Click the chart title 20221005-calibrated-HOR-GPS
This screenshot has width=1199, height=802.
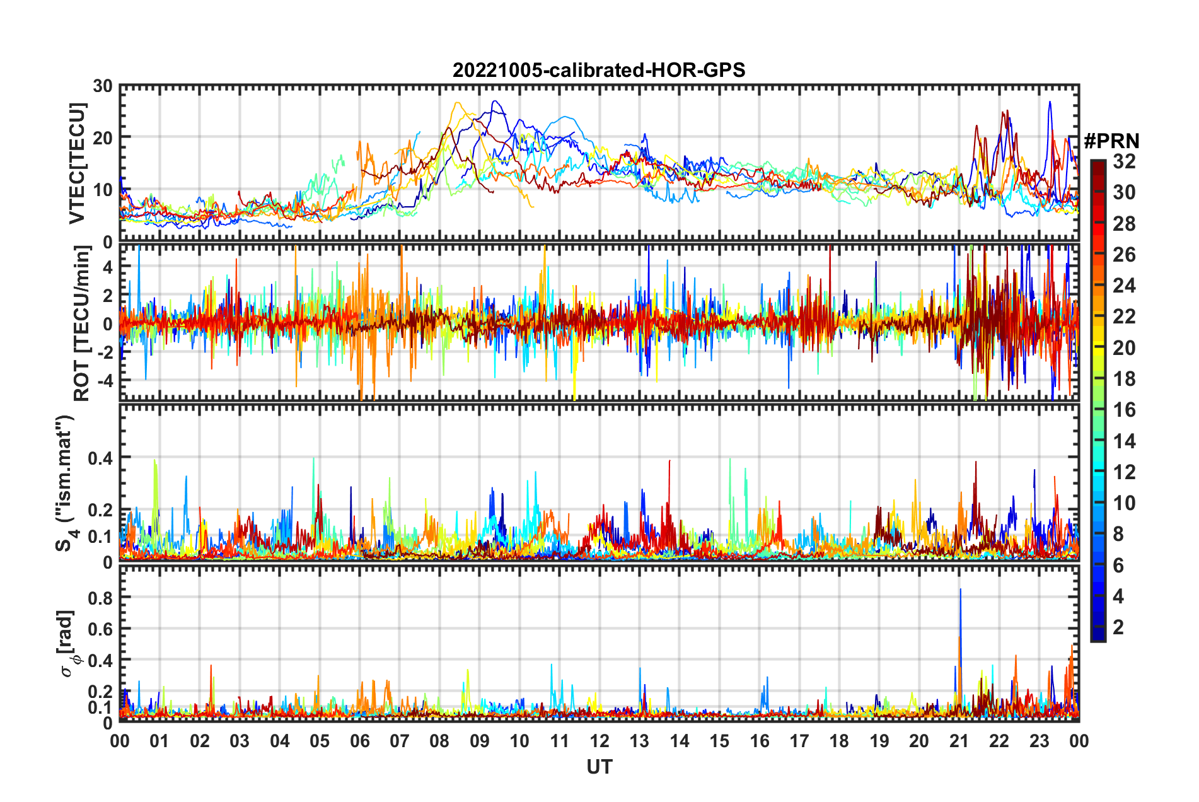[599, 70]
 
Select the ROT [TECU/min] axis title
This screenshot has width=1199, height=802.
[81, 323]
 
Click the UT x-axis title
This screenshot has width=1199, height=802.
[599, 767]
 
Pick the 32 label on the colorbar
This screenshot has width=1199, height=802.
[1124, 161]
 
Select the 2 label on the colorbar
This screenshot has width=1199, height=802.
[1119, 627]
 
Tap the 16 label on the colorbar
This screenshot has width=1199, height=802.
[1124, 410]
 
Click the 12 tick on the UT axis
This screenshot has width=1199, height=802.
[599, 741]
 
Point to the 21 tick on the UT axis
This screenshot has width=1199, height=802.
[959, 741]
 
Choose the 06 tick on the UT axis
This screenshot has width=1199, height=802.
[359, 741]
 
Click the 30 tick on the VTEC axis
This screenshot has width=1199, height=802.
[103, 86]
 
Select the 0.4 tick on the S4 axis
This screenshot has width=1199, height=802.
[101, 458]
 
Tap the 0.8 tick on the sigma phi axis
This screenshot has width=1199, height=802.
[101, 598]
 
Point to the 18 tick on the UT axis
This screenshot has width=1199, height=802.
[839, 741]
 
